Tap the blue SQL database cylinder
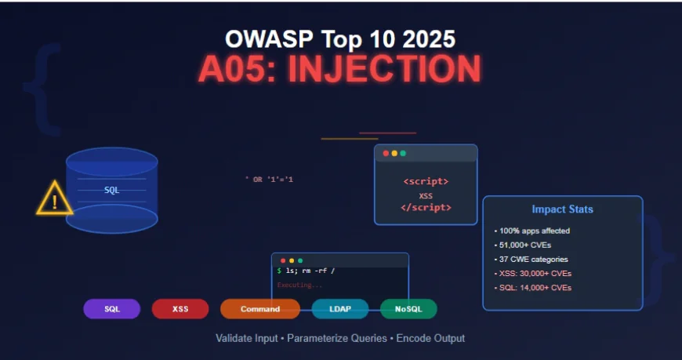112,190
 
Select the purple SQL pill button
112,309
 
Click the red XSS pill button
180,309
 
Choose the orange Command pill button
260,309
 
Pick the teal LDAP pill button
339,309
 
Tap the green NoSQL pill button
408,309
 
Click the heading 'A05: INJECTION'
339,70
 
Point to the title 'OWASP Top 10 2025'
339,39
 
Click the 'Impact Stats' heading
562,209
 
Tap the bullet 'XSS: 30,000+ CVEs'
534,274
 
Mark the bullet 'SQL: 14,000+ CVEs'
534,288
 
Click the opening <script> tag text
426,182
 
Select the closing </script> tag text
426,208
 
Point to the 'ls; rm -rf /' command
309,271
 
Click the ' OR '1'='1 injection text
269,180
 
